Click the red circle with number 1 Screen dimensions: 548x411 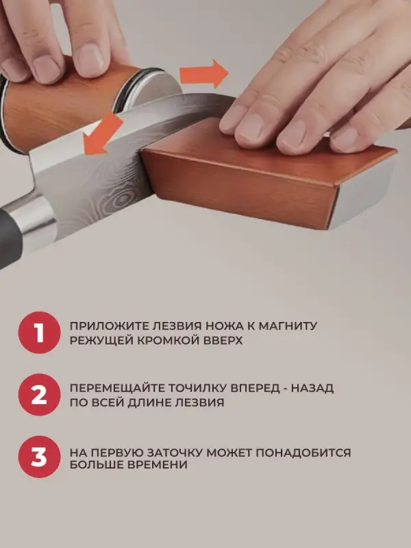39,333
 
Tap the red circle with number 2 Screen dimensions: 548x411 39,395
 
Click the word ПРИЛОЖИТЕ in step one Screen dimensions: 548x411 101,326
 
